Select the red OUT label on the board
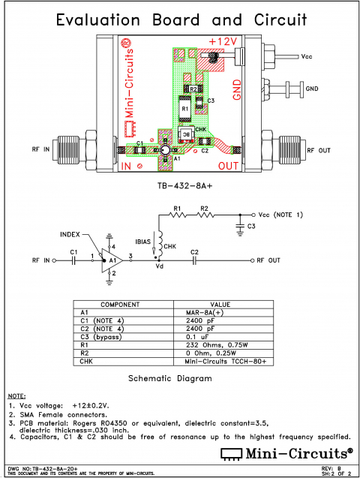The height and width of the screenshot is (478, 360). click(x=229, y=164)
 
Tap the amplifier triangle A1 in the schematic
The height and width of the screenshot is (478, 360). click(x=112, y=260)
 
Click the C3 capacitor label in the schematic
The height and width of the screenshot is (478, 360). click(x=251, y=226)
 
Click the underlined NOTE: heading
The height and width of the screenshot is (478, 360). click(x=16, y=395)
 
